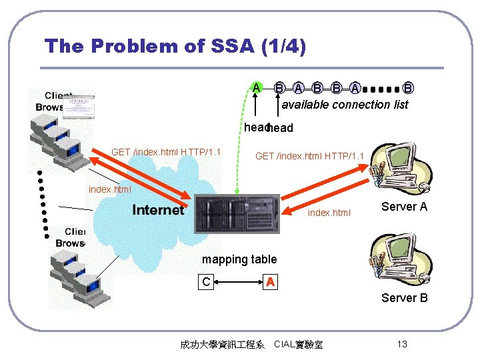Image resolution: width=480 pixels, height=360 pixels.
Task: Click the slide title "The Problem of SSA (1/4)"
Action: pyautogui.click(x=175, y=46)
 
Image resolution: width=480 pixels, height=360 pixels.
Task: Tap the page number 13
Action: pyautogui.click(x=401, y=344)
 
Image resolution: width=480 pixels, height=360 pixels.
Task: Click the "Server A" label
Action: pyautogui.click(x=404, y=207)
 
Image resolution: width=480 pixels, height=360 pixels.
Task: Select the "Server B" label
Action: pyautogui.click(x=404, y=297)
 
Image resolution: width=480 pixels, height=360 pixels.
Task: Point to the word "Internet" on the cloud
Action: pyautogui.click(x=158, y=211)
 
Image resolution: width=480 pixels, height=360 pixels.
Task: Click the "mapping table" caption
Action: pyautogui.click(x=239, y=259)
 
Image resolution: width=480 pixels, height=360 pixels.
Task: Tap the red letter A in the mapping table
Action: pyautogui.click(x=269, y=283)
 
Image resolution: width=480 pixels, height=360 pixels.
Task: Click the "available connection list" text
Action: pyautogui.click(x=345, y=105)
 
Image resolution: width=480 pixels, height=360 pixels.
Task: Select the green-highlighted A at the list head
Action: pyautogui.click(x=256, y=87)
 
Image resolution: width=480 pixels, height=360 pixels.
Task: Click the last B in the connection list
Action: pyautogui.click(x=408, y=87)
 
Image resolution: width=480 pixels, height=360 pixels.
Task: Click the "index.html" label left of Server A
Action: pyautogui.click(x=329, y=213)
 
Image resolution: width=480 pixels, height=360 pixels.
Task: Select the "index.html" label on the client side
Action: pyautogui.click(x=110, y=189)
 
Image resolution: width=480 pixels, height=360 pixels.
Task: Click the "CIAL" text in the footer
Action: pyautogui.click(x=286, y=345)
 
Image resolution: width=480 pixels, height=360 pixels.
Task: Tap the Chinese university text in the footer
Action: pyautogui.click(x=223, y=345)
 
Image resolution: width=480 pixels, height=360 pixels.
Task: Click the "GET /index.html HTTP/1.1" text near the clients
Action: pyautogui.click(x=166, y=152)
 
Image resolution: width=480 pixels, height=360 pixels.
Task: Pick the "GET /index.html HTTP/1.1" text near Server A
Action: pyautogui.click(x=310, y=157)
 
